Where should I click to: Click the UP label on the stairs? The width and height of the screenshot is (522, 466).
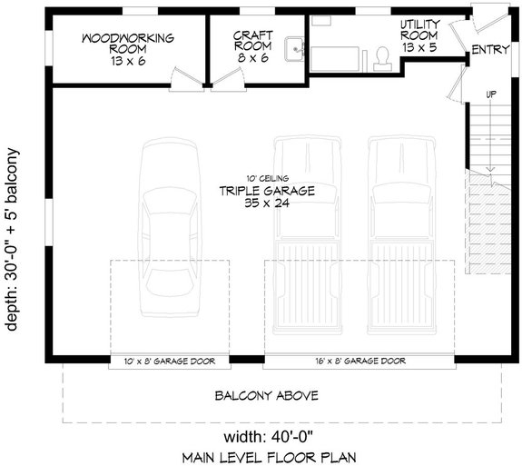tap(492, 94)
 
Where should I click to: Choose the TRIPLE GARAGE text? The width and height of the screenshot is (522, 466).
tap(265, 191)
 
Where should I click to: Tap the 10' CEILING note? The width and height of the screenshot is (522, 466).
tap(266, 178)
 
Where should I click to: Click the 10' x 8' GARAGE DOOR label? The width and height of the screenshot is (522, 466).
tap(169, 362)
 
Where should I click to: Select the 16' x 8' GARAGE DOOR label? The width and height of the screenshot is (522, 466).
tap(359, 362)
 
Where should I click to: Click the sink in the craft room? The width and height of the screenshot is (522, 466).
tap(293, 49)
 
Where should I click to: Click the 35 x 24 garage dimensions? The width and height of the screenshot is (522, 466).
tap(266, 204)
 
